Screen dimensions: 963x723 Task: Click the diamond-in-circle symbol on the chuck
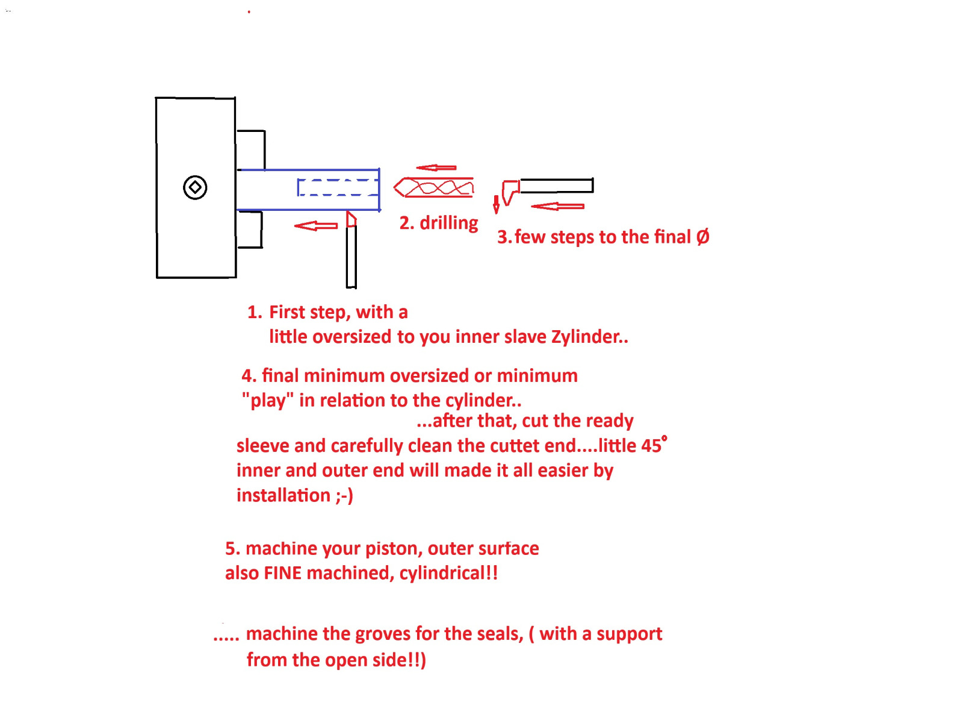195,187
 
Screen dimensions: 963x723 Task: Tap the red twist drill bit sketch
434,188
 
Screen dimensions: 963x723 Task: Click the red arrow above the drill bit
436,167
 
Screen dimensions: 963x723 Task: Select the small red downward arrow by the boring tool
496,205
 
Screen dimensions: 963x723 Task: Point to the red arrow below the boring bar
557,206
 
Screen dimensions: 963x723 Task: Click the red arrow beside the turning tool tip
316,226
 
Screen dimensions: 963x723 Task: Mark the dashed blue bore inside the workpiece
338,187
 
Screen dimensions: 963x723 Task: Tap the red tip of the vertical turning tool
351,219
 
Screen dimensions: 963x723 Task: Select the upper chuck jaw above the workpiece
251,149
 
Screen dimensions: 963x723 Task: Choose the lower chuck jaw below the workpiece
250,230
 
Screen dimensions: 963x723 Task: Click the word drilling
449,224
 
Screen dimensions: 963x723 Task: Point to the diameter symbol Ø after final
703,237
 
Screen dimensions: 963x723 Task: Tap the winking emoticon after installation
344,496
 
